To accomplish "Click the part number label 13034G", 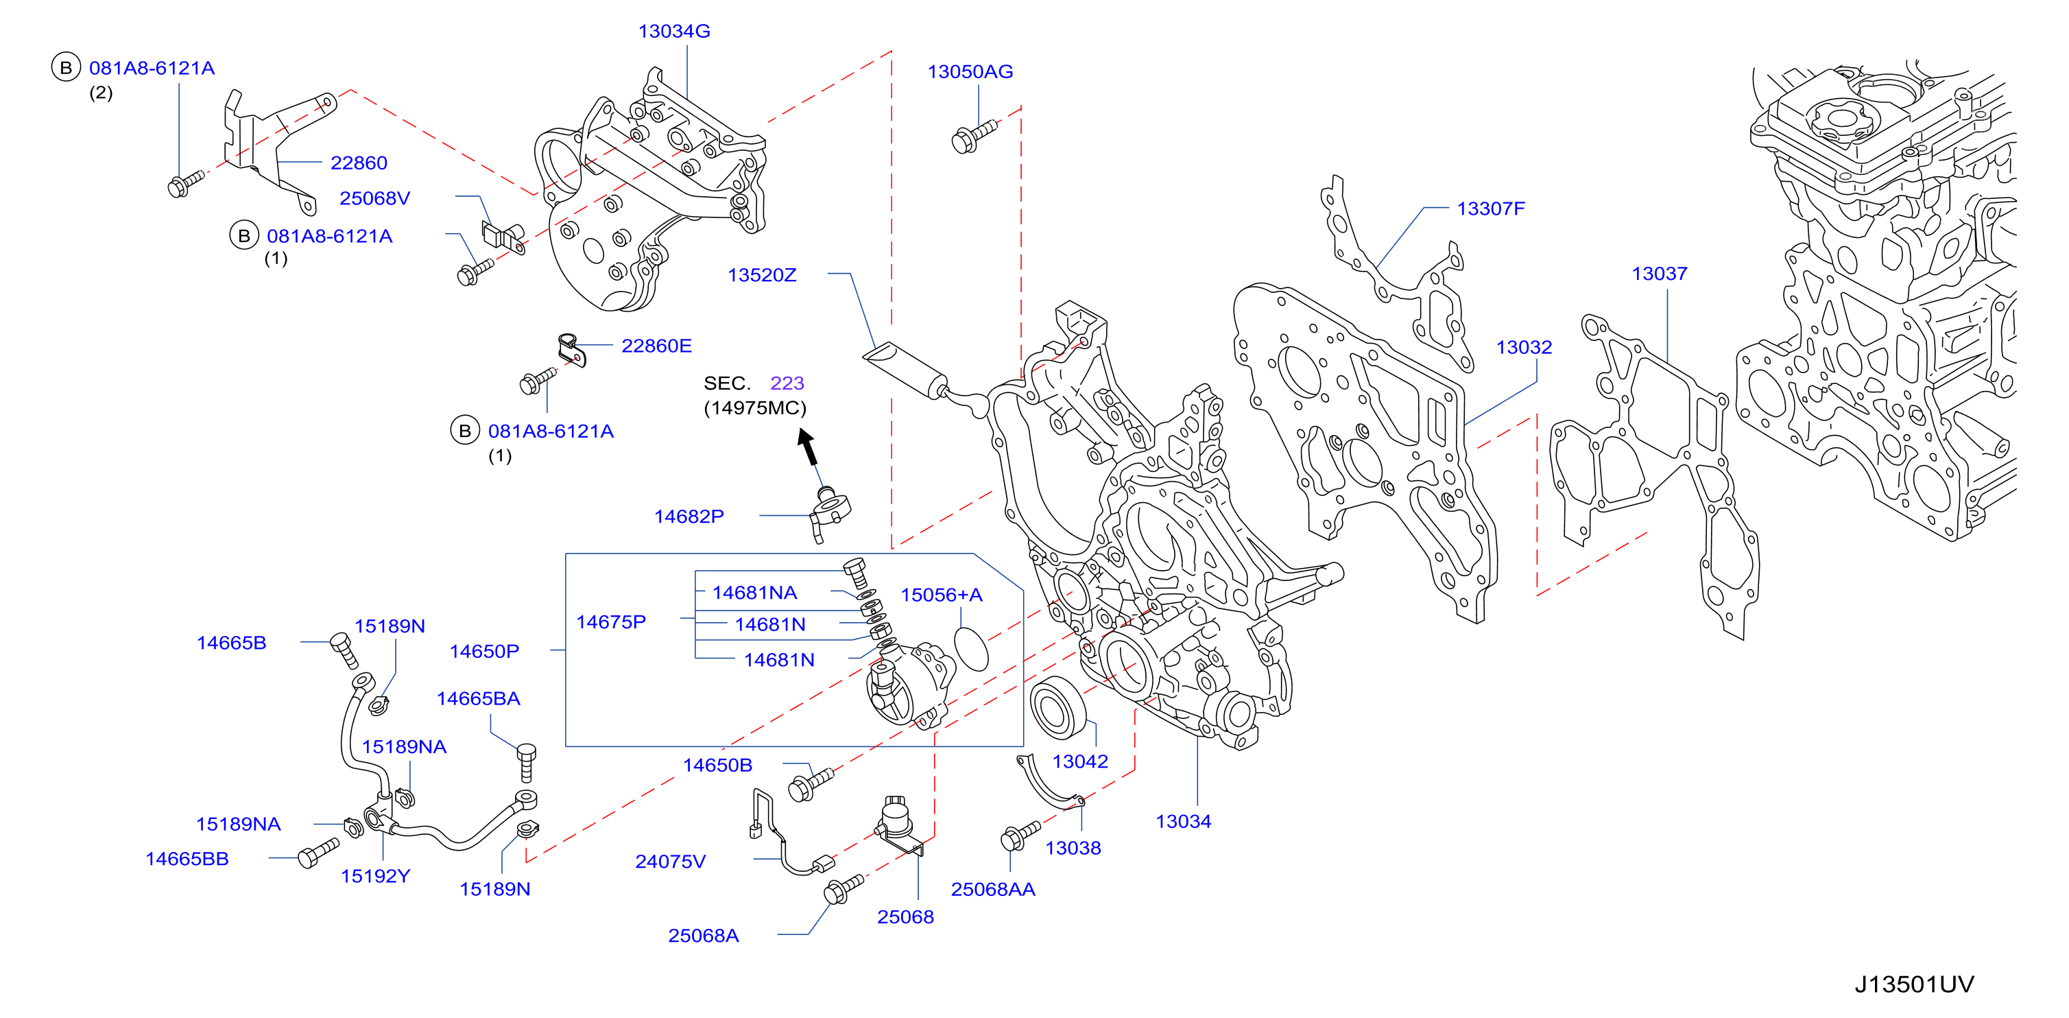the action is pos(674,32).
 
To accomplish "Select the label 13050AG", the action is pos(970,71).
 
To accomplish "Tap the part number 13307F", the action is pos(1491,209).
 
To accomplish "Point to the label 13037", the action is pos(1660,274).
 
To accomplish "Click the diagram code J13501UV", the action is pos(1914,984).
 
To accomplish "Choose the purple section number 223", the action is pos(787,383).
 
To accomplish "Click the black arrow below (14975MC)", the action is pos(808,447).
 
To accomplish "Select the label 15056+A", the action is pos(942,595).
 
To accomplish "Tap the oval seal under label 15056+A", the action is pos(971,648).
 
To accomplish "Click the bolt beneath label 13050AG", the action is pos(973,137).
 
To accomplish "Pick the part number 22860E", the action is pos(656,346).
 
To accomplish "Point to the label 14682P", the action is pos(689,517).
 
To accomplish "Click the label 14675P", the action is pos(611,622).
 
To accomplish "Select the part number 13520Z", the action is pos(762,276).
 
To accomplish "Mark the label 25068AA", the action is pos(993,890).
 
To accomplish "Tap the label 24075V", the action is pos(671,862).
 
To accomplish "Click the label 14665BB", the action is pos(187,859).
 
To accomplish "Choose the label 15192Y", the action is pos(375,877).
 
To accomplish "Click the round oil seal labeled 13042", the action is pos(1057,707).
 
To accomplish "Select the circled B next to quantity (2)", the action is pos(66,67).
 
